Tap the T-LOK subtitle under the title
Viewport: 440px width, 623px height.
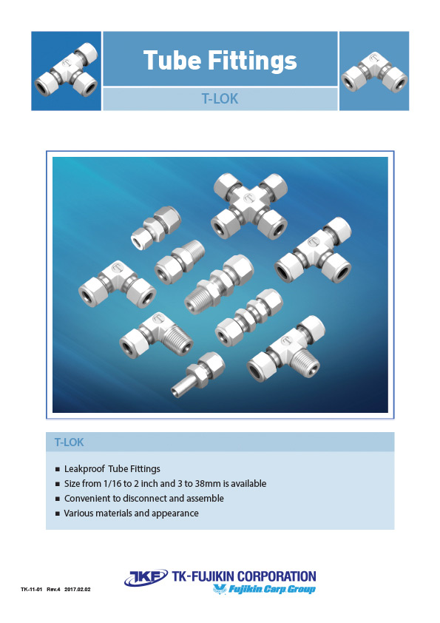tap(220, 98)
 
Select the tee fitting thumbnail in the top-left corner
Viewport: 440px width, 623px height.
tap(66, 71)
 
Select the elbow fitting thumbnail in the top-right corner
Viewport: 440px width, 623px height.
tap(373, 71)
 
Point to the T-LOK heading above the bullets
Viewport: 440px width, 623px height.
tap(69, 442)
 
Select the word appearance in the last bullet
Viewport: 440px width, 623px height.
tap(176, 513)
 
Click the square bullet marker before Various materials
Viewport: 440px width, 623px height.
tap(58, 513)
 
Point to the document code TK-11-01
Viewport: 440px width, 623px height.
tap(32, 590)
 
